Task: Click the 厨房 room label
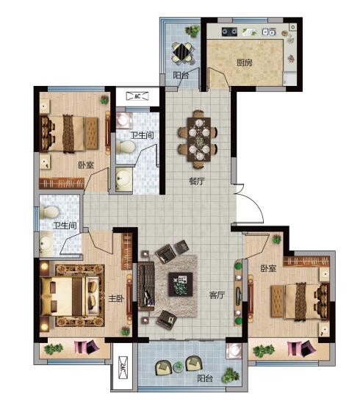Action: coord(244,62)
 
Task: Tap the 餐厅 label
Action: coord(197,181)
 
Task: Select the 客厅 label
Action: coord(217,295)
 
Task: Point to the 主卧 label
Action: coord(116,298)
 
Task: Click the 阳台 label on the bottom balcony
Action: coord(205,378)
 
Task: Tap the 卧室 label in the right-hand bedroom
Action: coord(268,268)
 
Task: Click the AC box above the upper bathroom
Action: coord(137,96)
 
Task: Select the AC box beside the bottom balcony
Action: coord(123,367)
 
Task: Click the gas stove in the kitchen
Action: coord(229,32)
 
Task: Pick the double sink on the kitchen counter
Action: coord(269,32)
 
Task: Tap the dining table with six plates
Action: coord(199,139)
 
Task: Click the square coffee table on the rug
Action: coord(181,284)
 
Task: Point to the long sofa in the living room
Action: coord(147,287)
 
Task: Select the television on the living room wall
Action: coord(239,292)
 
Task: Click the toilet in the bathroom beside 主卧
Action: coord(49,212)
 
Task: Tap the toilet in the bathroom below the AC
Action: coord(126,147)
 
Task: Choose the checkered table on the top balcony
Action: coord(183,52)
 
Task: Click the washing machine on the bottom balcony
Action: coord(234,350)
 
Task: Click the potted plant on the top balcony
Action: coord(192,31)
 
